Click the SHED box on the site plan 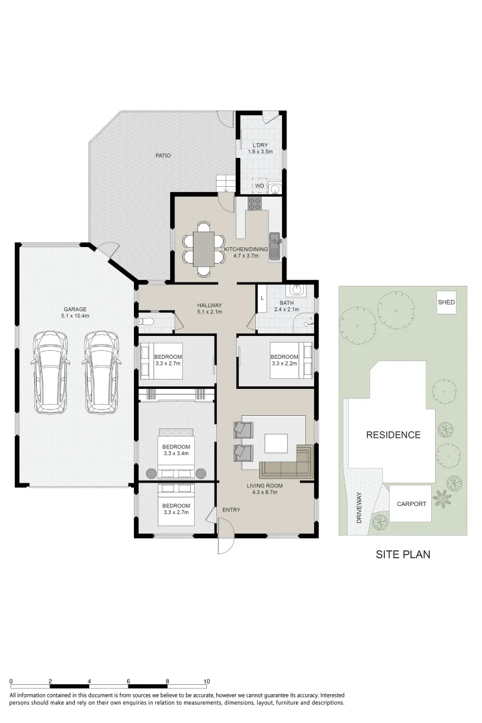pyautogui.click(x=447, y=303)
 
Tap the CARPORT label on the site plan pyautogui.click(x=411, y=504)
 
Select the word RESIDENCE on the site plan pyautogui.click(x=393, y=434)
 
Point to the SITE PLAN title pyautogui.click(x=402, y=554)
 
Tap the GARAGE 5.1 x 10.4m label pyautogui.click(x=75, y=313)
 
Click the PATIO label pyautogui.click(x=163, y=155)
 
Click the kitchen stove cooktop pyautogui.click(x=255, y=203)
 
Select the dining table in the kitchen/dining pyautogui.click(x=203, y=248)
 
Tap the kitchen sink pyautogui.click(x=274, y=240)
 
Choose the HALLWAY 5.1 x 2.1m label pyautogui.click(x=210, y=309)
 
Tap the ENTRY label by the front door pyautogui.click(x=231, y=510)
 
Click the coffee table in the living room pyautogui.click(x=276, y=443)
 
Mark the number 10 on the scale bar pyautogui.click(x=207, y=681)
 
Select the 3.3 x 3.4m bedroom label pyautogui.click(x=176, y=450)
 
